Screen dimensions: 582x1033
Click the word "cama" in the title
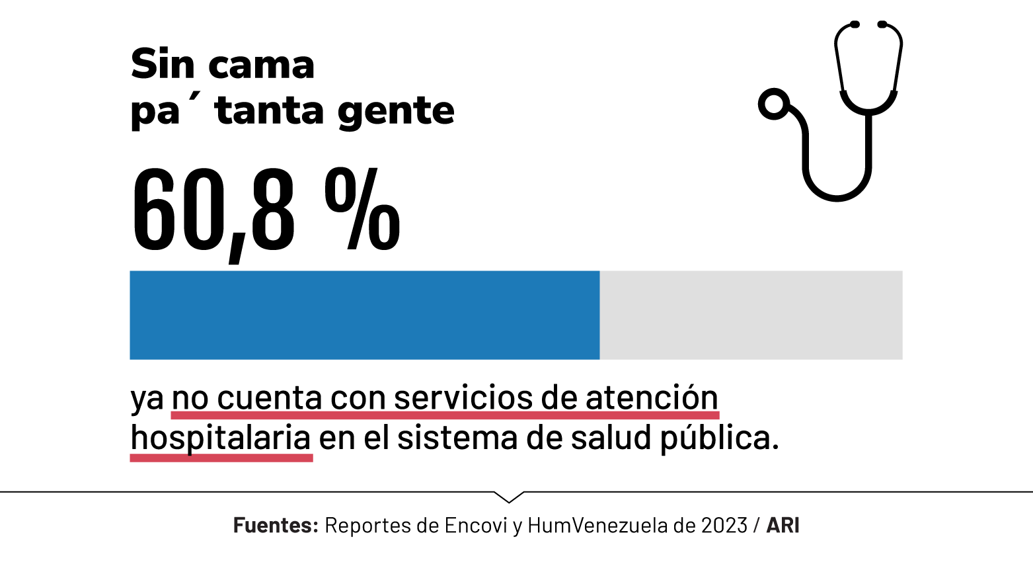tap(261, 65)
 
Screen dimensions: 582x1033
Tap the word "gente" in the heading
tap(396, 111)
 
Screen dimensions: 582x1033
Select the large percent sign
tap(362, 209)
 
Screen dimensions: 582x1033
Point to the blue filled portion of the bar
tap(364, 315)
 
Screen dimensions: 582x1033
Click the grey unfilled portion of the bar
tap(751, 315)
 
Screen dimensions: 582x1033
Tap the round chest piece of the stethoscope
tap(773, 104)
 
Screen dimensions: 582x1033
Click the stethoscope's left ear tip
tap(854, 24)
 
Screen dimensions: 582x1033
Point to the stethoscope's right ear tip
tap(882, 24)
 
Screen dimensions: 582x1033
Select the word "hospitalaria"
tap(221, 438)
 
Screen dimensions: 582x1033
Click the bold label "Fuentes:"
tap(276, 525)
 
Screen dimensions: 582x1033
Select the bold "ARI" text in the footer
tap(783, 525)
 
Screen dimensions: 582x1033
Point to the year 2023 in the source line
tap(724, 525)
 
